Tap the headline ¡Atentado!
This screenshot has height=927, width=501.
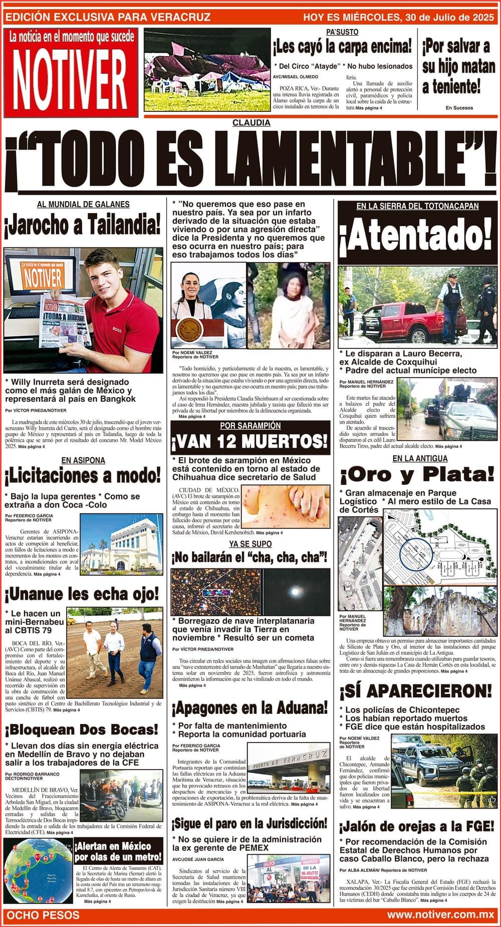(x=416, y=236)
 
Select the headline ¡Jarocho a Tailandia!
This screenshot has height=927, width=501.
(x=83, y=224)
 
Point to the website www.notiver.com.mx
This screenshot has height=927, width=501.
(x=440, y=914)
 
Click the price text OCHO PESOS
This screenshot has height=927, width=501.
(x=43, y=915)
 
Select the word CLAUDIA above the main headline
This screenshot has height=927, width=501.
(x=251, y=123)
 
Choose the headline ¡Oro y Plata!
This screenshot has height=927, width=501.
(x=417, y=474)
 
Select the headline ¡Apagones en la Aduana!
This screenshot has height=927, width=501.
(x=250, y=708)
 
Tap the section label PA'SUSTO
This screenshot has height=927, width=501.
(x=342, y=32)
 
